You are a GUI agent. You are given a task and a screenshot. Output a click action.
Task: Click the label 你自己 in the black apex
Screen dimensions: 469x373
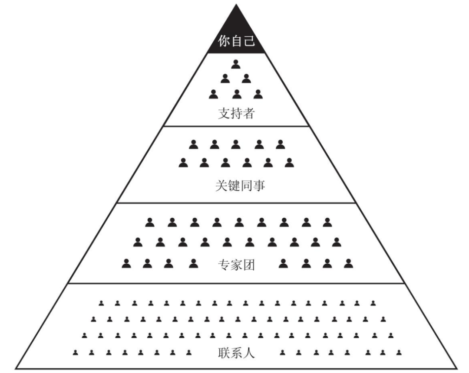pyautogui.click(x=235, y=43)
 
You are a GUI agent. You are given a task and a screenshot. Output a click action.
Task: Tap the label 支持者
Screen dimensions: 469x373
pyautogui.click(x=235, y=114)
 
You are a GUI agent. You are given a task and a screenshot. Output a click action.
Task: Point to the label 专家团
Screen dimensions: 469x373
pyautogui.click(x=235, y=264)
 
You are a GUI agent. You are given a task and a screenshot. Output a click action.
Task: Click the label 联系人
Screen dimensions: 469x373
pyautogui.click(x=235, y=353)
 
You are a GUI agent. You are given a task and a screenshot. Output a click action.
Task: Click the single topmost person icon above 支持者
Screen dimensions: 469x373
pyautogui.click(x=236, y=65)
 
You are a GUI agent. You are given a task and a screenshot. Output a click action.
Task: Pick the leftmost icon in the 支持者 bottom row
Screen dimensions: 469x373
pyautogui.click(x=213, y=93)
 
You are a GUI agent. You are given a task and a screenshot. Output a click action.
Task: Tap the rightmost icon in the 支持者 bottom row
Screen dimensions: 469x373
pyautogui.click(x=258, y=93)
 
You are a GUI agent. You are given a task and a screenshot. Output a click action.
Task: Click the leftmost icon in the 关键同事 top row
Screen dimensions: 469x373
pyautogui.click(x=193, y=144)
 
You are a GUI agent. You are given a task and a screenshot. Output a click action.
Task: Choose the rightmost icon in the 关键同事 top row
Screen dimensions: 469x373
pyautogui.click(x=280, y=144)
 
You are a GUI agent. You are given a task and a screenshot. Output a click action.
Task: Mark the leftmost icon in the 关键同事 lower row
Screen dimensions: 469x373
pyautogui.click(x=183, y=162)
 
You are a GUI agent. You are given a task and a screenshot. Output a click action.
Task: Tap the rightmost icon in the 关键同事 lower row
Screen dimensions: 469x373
pyautogui.click(x=289, y=162)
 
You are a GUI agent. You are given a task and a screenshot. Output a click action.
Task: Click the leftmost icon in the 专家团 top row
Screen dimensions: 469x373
pyautogui.click(x=150, y=222)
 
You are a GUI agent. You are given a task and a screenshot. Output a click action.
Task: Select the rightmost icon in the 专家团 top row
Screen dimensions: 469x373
pyautogui.click(x=327, y=222)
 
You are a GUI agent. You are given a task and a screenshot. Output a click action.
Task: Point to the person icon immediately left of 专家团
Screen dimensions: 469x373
pyautogui.click(x=194, y=262)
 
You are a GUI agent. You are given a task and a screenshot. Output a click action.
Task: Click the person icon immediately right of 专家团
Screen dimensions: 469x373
pyautogui.click(x=284, y=262)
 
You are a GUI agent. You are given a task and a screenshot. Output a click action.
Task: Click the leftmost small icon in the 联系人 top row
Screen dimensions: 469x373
pyautogui.click(x=101, y=303)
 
